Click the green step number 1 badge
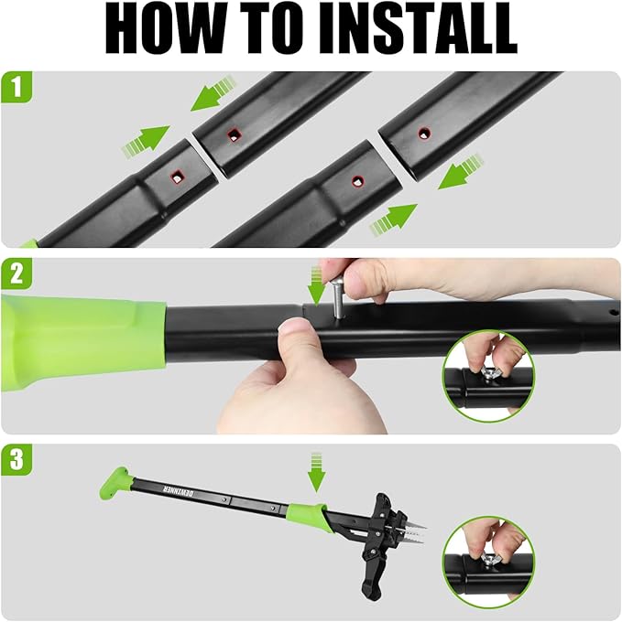tap(15, 88)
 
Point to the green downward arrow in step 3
tap(317, 470)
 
